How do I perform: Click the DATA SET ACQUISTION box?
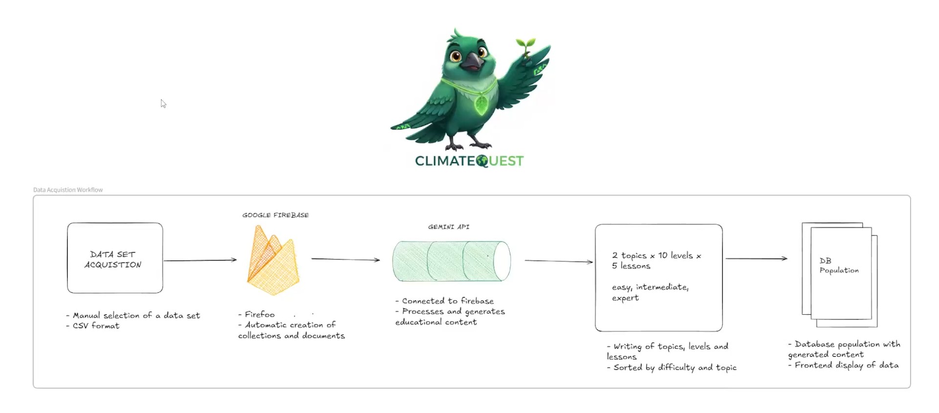coord(115,258)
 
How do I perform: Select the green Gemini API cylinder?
coord(451,261)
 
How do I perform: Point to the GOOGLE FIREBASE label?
coord(275,215)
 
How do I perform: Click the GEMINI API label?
coord(449,227)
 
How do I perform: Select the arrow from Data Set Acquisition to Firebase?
coord(200,260)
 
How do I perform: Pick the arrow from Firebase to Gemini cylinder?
coord(345,259)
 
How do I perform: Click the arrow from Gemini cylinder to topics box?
coord(558,261)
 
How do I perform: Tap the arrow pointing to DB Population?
coord(756,259)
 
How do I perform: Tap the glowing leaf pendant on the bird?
coord(481,104)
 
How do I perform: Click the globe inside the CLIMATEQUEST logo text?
coord(482,161)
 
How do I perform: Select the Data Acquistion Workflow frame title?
coord(68,190)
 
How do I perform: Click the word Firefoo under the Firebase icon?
coord(259,314)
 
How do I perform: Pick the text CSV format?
coord(96,326)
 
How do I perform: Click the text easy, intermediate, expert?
coord(650,292)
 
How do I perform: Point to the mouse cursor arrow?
coord(163,103)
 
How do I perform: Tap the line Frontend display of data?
coord(846,365)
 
